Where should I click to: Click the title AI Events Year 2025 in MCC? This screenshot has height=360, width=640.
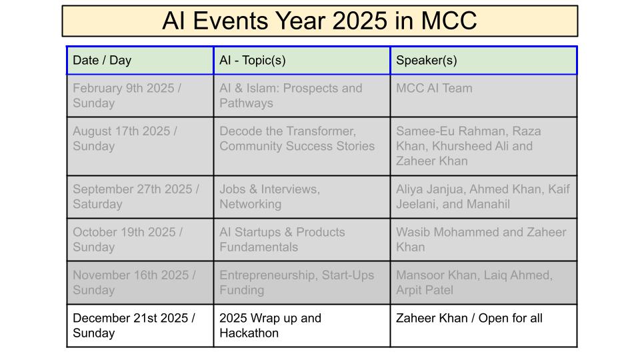tap(319, 21)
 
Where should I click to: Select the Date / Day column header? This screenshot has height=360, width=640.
tap(140, 61)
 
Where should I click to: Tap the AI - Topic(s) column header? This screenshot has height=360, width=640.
tap(301, 61)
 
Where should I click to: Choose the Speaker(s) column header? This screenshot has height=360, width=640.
tap(484, 61)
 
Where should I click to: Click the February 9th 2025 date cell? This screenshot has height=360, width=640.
tap(140, 96)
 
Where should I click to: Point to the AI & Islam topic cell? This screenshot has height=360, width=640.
tap(301, 96)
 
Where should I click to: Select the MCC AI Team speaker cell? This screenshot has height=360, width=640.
tap(484, 96)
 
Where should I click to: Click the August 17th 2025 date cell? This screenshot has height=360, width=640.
tap(140, 147)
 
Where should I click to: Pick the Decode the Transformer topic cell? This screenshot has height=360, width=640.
tap(301, 147)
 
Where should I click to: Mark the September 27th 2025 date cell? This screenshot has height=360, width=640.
tap(140, 197)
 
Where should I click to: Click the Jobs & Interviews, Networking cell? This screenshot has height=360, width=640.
tap(301, 197)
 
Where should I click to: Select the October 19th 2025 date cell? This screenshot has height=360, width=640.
tap(140, 240)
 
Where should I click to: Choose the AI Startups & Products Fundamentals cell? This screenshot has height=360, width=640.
tap(301, 240)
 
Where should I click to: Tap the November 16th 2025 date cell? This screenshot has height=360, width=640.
tap(140, 283)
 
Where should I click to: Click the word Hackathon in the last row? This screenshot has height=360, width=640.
tap(249, 333)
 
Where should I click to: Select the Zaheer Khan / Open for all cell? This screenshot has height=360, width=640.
tap(484, 326)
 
